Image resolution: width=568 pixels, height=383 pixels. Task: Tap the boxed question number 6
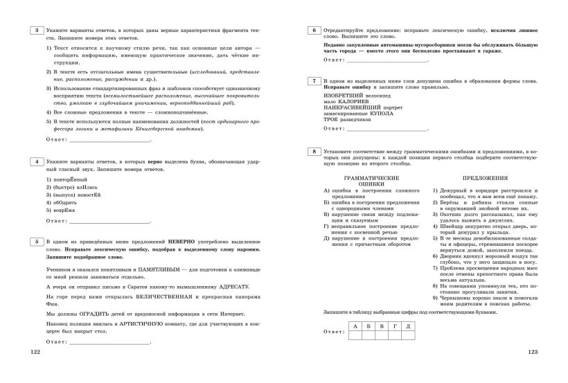(314, 30)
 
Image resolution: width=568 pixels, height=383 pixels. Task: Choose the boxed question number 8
(314, 150)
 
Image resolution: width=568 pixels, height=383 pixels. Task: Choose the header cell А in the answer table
(355, 325)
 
